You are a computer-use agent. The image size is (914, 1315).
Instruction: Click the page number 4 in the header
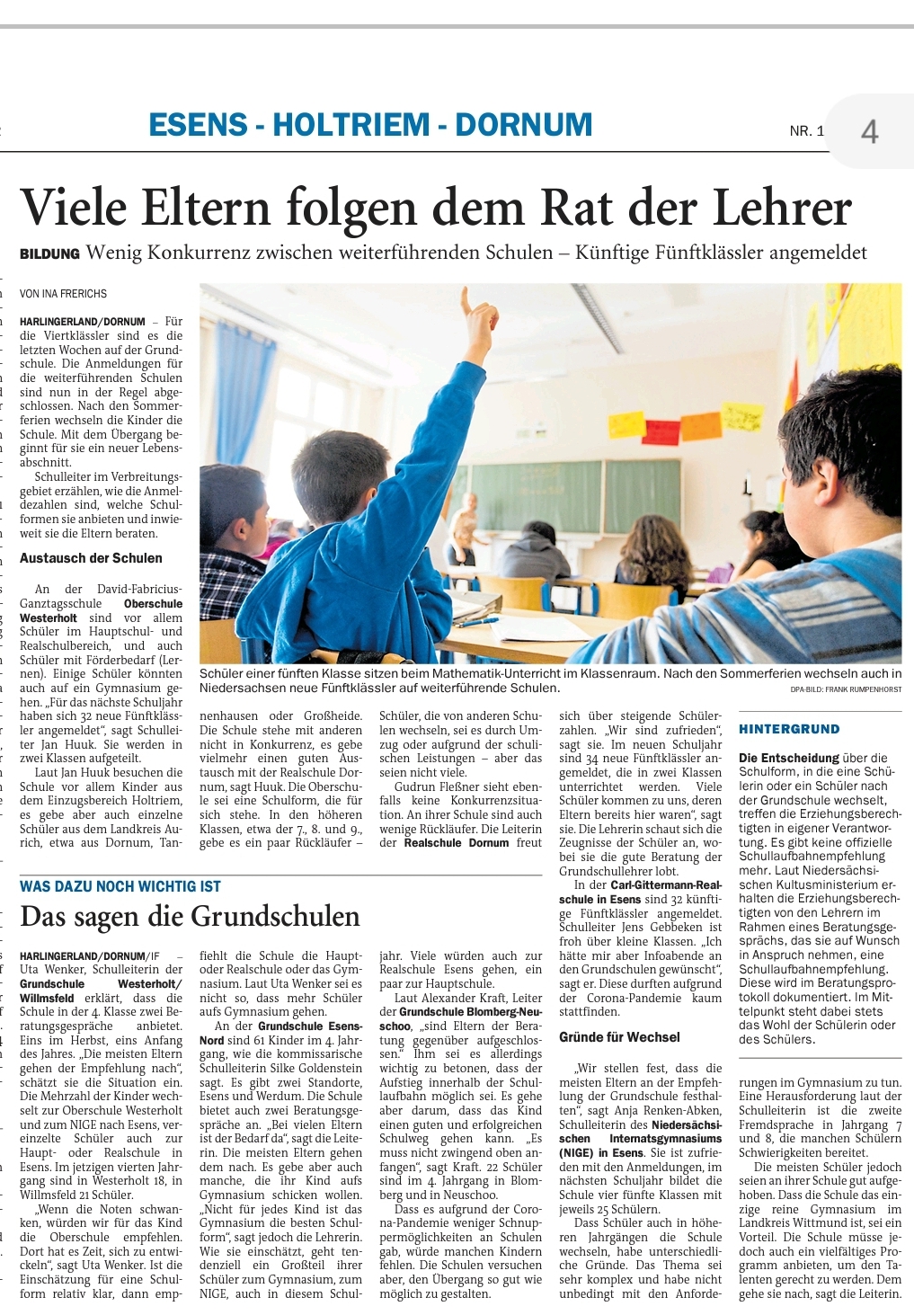coord(869,132)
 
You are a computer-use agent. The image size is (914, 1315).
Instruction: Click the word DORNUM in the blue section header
coord(524,125)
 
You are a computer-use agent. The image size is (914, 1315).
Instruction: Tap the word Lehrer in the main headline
coord(782,208)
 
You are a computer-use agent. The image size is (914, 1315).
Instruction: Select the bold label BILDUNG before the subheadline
coord(49,254)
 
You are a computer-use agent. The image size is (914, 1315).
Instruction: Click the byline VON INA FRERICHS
coord(63,294)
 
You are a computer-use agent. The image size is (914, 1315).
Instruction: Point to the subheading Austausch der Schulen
coord(91,558)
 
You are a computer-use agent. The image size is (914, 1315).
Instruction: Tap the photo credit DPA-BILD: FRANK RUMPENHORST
coord(846,689)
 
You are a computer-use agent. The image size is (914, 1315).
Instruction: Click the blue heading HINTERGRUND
coord(789,729)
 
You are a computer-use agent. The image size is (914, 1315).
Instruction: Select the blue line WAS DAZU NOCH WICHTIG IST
coord(120,886)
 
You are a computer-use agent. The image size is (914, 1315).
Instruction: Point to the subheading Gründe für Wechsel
coord(619,1036)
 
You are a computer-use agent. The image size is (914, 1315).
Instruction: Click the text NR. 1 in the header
coord(806,131)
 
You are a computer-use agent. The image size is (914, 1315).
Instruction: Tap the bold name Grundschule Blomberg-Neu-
coord(470,1012)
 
